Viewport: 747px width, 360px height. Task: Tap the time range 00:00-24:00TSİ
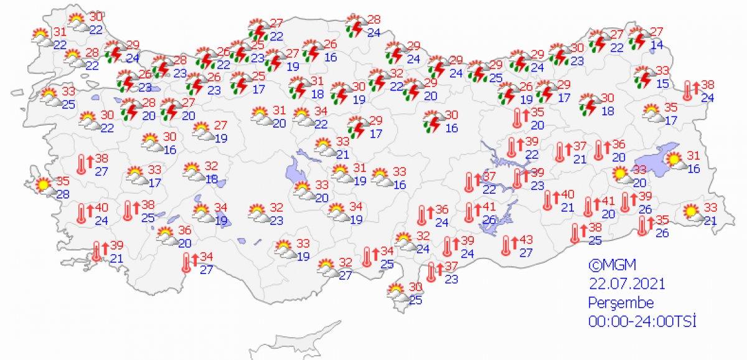[x=642, y=321]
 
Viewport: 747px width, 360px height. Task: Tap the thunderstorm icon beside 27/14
[x=638, y=39]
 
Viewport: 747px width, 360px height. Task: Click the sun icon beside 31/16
[x=675, y=162]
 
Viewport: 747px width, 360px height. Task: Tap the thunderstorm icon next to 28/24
[x=356, y=27]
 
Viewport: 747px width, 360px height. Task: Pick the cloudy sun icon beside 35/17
[x=652, y=113]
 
